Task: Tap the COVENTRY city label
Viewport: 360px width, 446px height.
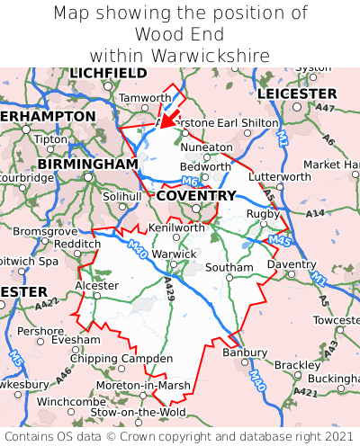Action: [x=196, y=195]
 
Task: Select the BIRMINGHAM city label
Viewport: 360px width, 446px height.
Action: [x=87, y=165]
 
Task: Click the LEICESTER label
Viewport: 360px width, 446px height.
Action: [x=296, y=94]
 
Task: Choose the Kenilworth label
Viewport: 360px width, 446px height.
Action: [x=176, y=227]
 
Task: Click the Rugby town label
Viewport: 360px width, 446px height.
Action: [x=263, y=213]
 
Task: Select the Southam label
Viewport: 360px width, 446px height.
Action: [x=229, y=268]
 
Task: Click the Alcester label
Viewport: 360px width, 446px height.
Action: [x=95, y=285]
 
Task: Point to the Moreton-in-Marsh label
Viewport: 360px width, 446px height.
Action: [x=141, y=385]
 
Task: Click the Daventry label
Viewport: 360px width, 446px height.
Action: [x=291, y=264]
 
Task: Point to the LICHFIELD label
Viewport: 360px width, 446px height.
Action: [x=108, y=73]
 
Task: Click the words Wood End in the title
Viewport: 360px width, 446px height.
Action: [x=180, y=34]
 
